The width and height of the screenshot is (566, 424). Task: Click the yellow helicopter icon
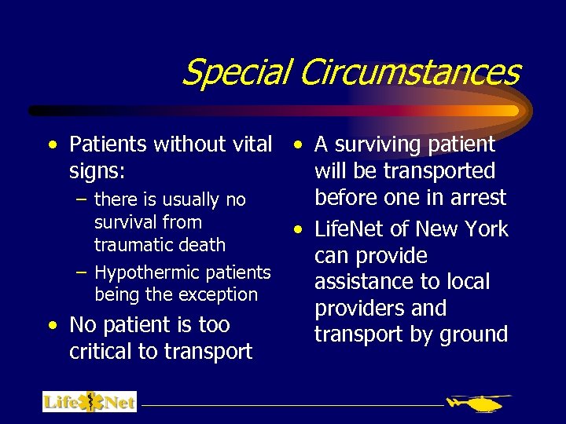pyautogui.click(x=478, y=403)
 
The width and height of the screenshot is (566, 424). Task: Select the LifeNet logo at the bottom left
pyautogui.click(x=90, y=402)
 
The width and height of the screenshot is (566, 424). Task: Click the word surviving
pyautogui.click(x=374, y=145)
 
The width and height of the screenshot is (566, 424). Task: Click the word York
pyautogui.click(x=487, y=229)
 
